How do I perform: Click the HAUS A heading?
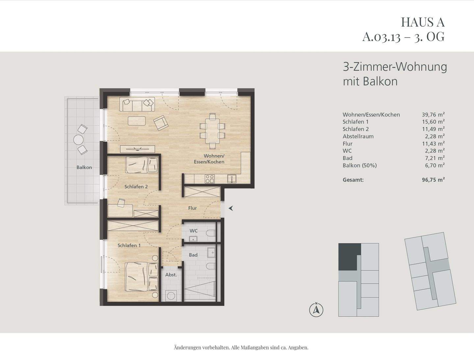(x=423, y=22)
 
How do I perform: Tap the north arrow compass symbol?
(x=316, y=310)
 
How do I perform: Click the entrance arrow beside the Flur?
(x=231, y=208)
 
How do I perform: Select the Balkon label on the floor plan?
(x=84, y=167)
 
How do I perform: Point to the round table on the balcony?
(x=79, y=140)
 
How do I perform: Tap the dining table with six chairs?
(x=212, y=130)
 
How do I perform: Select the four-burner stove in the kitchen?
(x=210, y=179)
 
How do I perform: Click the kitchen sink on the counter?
(x=232, y=179)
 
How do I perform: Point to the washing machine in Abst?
(x=171, y=295)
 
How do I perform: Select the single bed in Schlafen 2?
(x=142, y=164)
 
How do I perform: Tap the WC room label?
(x=194, y=231)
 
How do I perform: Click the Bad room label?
(x=193, y=255)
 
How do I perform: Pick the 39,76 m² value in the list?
(x=433, y=115)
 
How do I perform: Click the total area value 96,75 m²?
(x=433, y=180)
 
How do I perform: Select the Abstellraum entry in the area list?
(x=358, y=136)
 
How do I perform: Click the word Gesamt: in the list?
(x=353, y=180)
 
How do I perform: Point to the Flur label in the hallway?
(x=193, y=208)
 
